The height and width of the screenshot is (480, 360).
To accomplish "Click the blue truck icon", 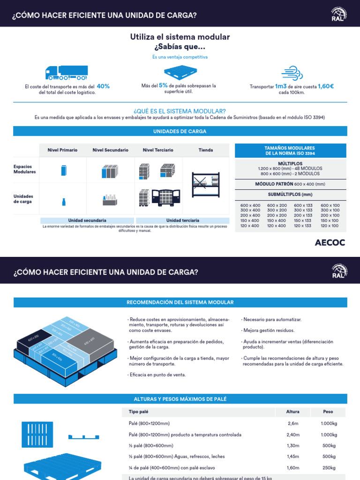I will pos(66,72).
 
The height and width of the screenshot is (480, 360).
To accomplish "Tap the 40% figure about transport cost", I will pos(103,86).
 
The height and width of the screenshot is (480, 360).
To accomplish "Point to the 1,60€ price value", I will pos(326,86).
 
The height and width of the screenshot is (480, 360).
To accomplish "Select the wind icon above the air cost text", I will pos(292,73).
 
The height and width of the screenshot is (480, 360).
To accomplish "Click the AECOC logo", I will pos(330,242).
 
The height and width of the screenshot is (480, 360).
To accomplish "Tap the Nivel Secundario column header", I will pos(110,150).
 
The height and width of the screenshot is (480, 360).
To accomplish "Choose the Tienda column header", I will pos(206,150).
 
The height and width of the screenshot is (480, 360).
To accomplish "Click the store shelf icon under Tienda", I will pos(206,184).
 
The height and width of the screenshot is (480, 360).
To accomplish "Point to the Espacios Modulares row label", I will pos(24,169).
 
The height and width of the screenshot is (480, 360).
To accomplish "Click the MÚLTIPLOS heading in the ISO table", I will pos(290,164).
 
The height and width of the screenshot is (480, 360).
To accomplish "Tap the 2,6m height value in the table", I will pos(293,424).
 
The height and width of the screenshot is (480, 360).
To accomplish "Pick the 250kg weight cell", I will pos(328,467).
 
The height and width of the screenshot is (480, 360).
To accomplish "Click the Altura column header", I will pos(293,412).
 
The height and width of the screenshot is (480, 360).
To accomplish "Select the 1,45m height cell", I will pos(293,457).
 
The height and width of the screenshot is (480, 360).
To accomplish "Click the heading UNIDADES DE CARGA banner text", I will pos(180,131).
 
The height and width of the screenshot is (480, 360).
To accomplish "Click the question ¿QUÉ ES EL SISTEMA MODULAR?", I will pos(180,111).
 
